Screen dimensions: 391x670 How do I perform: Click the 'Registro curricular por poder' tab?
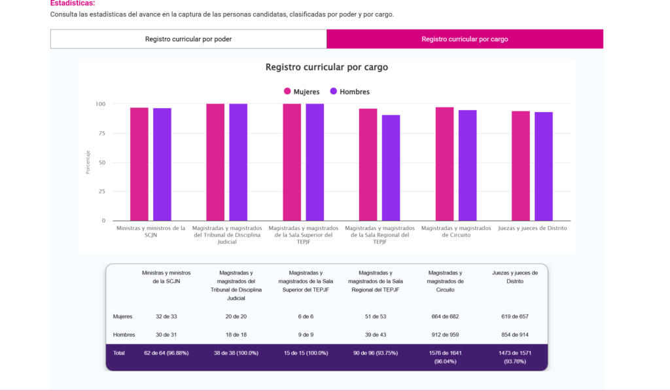(x=188, y=39)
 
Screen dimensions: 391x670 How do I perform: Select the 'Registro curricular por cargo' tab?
(x=465, y=39)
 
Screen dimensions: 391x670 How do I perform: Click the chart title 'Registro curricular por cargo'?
(x=326, y=67)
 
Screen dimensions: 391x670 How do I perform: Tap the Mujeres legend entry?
(x=302, y=92)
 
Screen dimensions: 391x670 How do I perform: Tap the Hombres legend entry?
(x=350, y=92)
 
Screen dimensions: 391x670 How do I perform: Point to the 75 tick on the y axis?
(x=101, y=133)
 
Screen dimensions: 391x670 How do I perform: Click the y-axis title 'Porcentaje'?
(x=88, y=162)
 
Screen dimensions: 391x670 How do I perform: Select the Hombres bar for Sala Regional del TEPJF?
(x=391, y=168)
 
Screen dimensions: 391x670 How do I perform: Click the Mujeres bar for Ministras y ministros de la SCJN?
(x=139, y=164)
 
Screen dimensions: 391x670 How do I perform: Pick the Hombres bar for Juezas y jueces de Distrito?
(x=544, y=166)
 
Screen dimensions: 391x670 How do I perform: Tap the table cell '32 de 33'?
(x=166, y=316)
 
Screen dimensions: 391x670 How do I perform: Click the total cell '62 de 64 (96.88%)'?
(x=166, y=353)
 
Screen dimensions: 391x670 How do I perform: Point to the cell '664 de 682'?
(x=445, y=316)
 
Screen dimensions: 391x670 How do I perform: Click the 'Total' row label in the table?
(x=120, y=353)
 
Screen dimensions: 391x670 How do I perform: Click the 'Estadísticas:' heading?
(x=73, y=3)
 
